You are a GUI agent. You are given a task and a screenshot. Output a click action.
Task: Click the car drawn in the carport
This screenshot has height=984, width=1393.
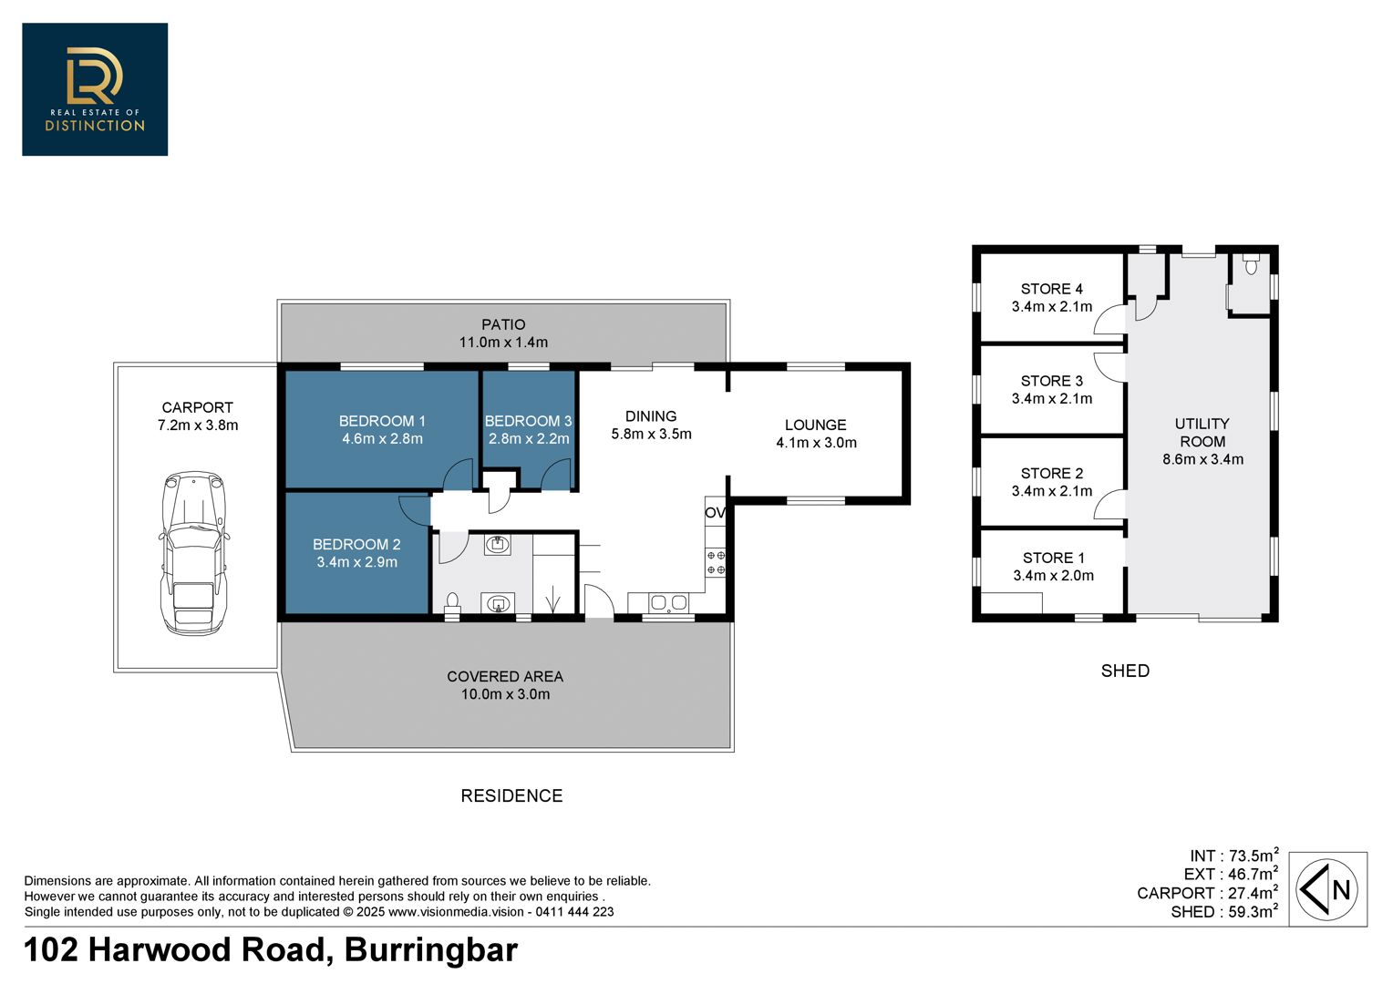(x=194, y=553)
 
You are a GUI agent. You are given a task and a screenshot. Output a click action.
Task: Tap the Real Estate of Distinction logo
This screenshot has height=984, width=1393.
(x=95, y=89)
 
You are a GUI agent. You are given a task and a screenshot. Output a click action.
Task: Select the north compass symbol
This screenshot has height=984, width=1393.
(x=1327, y=889)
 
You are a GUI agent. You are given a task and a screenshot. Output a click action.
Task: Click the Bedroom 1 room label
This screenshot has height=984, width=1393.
(x=382, y=421)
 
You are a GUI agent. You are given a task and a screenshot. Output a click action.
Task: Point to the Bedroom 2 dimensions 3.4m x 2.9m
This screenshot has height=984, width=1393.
(x=357, y=562)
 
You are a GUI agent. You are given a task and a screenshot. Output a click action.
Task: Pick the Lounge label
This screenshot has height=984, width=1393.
(x=815, y=425)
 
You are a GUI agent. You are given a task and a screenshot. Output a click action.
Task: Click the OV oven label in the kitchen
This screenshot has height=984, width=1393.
(x=715, y=513)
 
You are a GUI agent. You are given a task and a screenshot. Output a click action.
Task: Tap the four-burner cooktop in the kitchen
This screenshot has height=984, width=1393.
(x=716, y=562)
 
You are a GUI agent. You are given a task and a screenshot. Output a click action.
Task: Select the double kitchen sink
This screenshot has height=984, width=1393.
(x=668, y=602)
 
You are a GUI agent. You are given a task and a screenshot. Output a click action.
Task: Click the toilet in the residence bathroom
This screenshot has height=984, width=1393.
(x=452, y=604)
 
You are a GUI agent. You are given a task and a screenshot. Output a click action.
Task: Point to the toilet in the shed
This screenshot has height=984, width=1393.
(x=1251, y=264)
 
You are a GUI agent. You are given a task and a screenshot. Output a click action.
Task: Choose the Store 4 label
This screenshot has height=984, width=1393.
(x=1052, y=289)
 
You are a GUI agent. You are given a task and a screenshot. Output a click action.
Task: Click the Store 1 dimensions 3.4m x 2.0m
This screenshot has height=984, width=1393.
(x=1054, y=576)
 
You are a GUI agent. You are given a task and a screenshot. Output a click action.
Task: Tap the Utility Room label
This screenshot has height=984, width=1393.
(x=1202, y=433)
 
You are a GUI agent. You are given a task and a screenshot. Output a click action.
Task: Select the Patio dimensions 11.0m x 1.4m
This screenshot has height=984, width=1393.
(x=504, y=342)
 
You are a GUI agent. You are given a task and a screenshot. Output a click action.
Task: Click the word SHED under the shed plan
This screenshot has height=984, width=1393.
(x=1125, y=671)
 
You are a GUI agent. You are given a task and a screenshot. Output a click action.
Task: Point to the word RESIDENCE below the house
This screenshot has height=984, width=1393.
(x=511, y=795)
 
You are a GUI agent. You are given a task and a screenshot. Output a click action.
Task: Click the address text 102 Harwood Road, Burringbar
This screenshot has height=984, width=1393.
(x=271, y=949)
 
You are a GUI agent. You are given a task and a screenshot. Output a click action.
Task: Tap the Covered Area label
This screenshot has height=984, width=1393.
(x=505, y=676)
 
